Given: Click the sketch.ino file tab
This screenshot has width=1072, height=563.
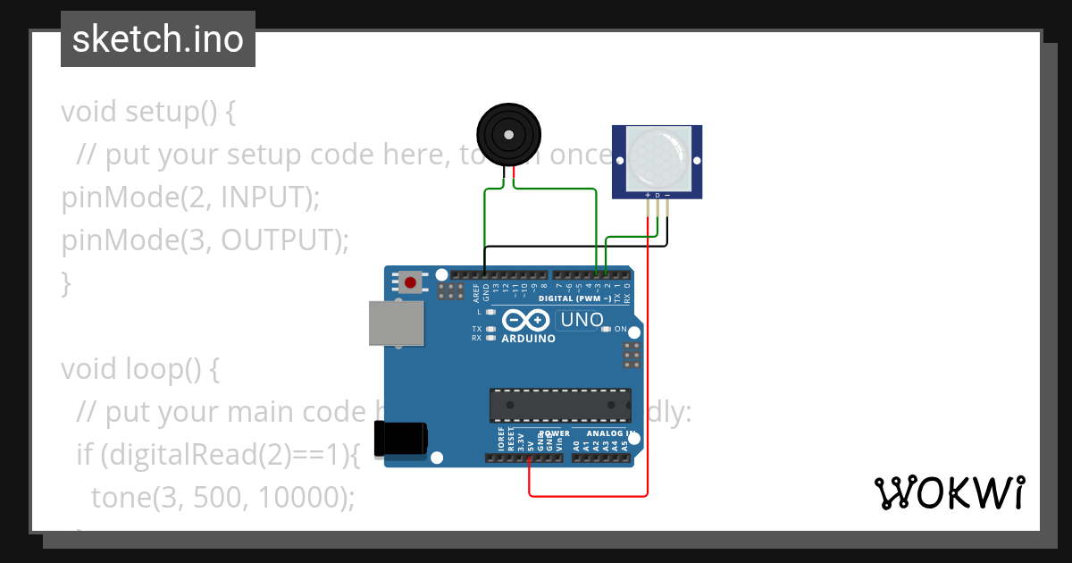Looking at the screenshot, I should [x=158, y=39].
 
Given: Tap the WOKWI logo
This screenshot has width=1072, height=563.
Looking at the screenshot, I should [x=948, y=492].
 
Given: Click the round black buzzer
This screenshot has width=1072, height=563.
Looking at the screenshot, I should [x=507, y=135].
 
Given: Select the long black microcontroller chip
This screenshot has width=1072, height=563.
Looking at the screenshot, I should [x=560, y=405].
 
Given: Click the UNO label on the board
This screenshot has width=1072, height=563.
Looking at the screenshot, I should [x=581, y=320].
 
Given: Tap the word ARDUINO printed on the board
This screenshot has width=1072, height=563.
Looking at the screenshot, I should [x=529, y=339].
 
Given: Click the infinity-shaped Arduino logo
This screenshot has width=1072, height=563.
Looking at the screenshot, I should [x=527, y=320].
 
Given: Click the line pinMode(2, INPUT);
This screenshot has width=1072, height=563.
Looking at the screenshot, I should [x=190, y=197].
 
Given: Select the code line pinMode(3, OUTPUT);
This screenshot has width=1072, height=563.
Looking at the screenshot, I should [x=205, y=240].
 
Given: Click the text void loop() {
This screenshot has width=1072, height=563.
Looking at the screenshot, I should [x=139, y=369].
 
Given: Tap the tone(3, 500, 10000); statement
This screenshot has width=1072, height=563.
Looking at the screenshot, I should [x=223, y=497].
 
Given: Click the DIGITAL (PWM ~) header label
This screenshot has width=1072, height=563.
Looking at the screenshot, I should [x=575, y=298].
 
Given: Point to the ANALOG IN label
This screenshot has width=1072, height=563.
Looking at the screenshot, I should [x=610, y=433].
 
